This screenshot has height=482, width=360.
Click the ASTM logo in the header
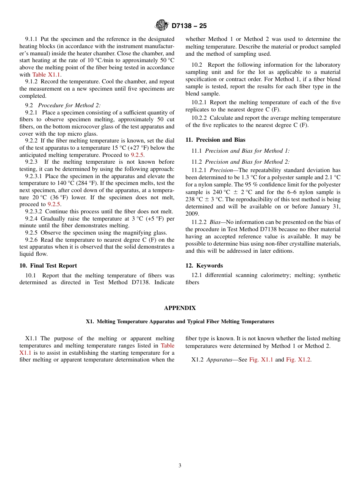click(162, 25)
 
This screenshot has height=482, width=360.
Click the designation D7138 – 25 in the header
click(189, 26)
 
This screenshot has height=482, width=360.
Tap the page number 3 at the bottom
click(180, 466)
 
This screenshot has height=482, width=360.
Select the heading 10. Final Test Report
click(48, 266)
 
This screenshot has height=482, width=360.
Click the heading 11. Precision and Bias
click(215, 140)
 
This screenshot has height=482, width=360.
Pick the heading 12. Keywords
click(204, 266)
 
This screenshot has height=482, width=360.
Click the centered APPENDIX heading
click(180, 308)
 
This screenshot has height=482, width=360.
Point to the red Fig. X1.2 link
click(299, 360)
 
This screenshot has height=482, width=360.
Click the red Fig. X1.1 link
click(261, 360)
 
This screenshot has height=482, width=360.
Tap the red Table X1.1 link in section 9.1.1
click(46, 75)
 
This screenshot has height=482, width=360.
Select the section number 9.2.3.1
click(34, 176)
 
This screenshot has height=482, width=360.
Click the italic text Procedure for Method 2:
click(69, 105)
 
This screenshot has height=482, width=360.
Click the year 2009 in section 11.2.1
click(192, 214)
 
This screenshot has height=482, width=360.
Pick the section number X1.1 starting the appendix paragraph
click(32, 338)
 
